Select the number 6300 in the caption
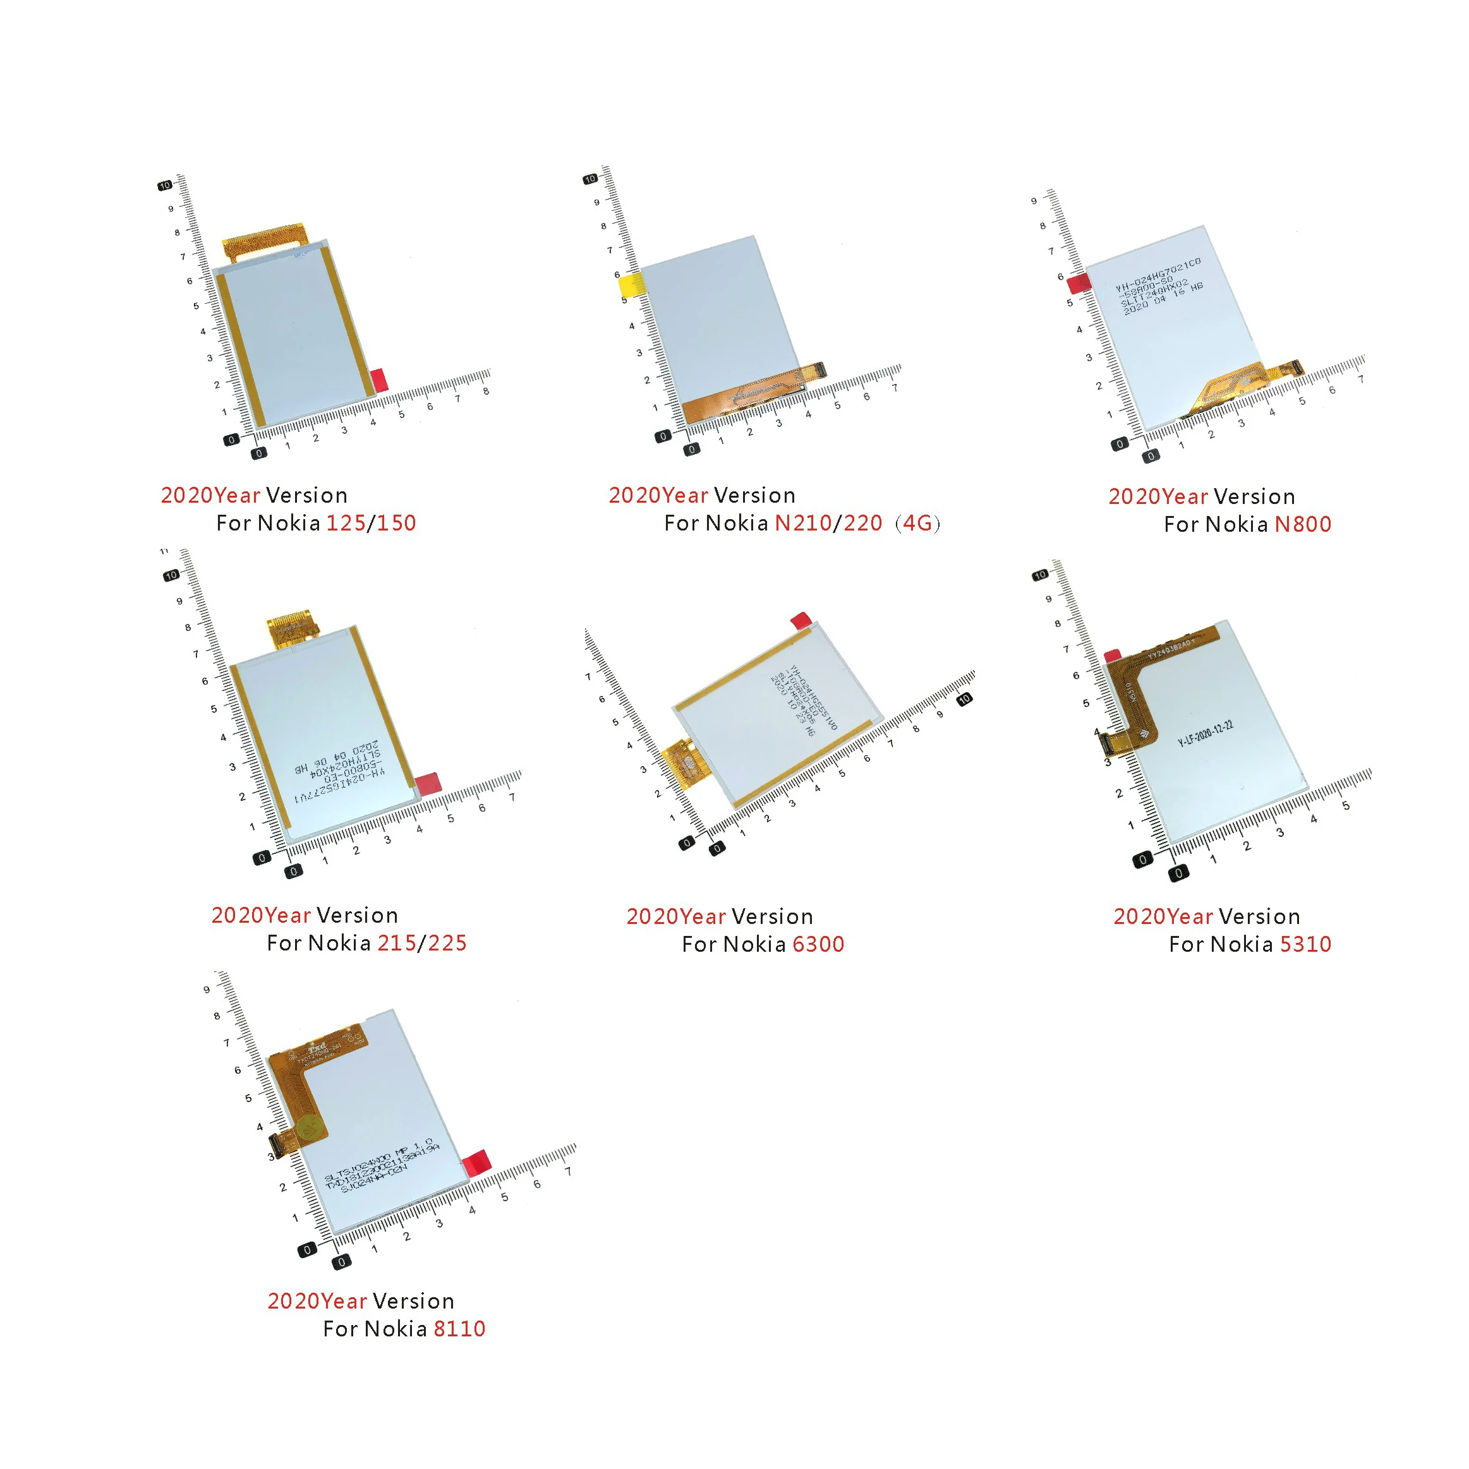pyautogui.click(x=818, y=944)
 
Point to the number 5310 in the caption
pyautogui.click(x=1305, y=944)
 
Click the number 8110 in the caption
pyautogui.click(x=459, y=1329)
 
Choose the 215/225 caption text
pyautogui.click(x=421, y=943)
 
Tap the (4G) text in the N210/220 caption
pyautogui.click(x=917, y=523)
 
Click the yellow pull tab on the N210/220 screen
pyautogui.click(x=631, y=287)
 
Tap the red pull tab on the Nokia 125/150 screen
pyautogui.click(x=379, y=380)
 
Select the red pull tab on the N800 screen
pyautogui.click(x=1079, y=284)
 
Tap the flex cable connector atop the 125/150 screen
pyautogui.click(x=262, y=239)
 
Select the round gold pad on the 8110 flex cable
pyautogui.click(x=309, y=1129)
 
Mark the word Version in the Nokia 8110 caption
pyautogui.click(x=414, y=1301)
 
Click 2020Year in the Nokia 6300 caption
pyautogui.click(x=675, y=917)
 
